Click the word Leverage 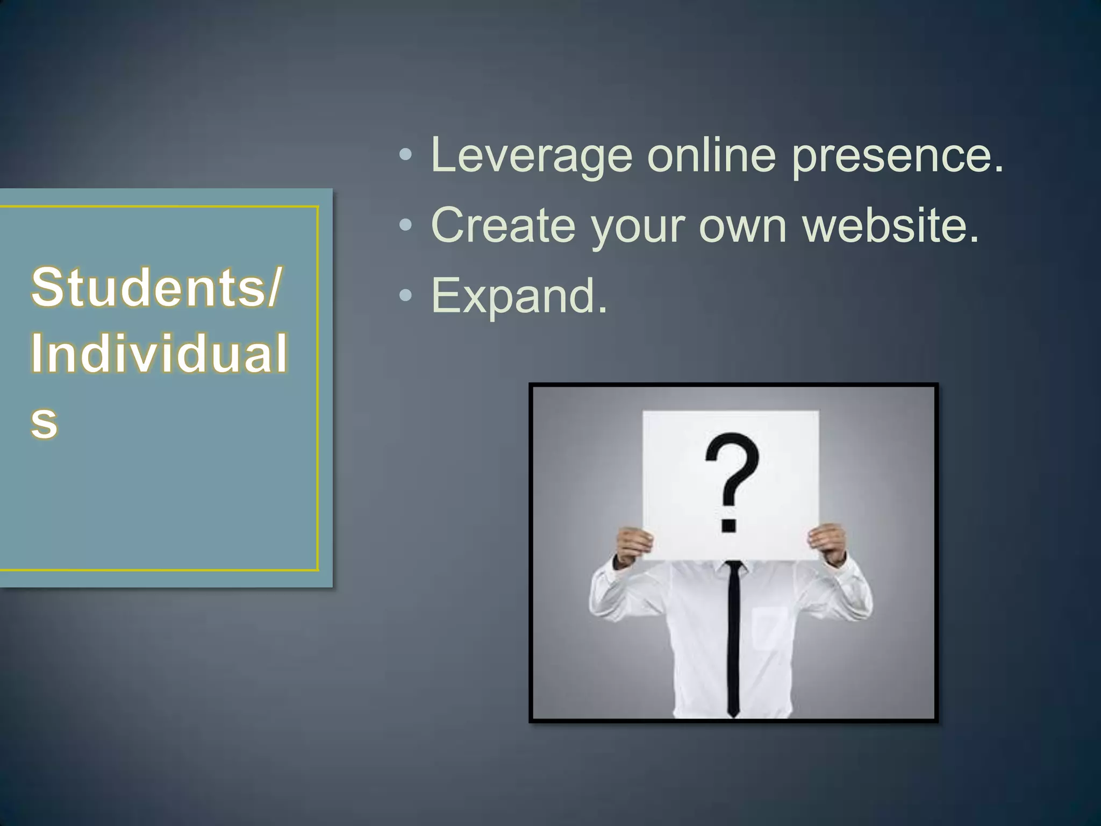pos(531,156)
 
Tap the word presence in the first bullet pos(897,156)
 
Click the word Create pos(503,225)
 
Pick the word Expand pos(519,296)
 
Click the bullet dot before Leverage pos(406,156)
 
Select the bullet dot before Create pos(406,225)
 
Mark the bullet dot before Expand pos(406,295)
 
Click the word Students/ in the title pos(156,287)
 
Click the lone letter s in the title pos(44,422)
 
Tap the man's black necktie pos(733,640)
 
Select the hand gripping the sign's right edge pos(828,543)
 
